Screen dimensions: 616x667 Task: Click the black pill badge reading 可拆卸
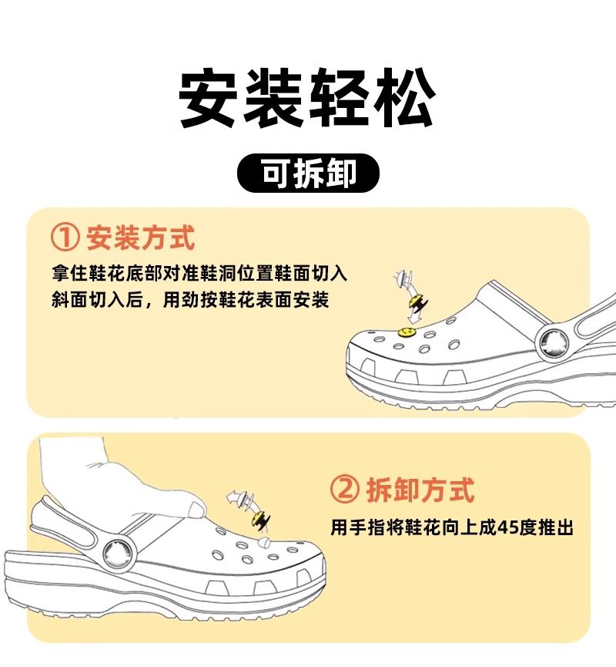tap(308, 173)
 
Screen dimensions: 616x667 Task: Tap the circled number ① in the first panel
tap(65, 237)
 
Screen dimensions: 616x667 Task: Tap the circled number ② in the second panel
tap(344, 490)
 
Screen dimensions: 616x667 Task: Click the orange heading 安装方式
tap(141, 237)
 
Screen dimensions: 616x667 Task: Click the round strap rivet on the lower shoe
tap(116, 553)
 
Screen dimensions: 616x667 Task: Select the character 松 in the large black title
tap(403, 98)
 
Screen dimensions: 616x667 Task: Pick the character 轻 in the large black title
tap(340, 98)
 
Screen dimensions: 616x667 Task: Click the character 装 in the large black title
tap(274, 98)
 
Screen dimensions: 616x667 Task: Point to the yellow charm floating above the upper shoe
tap(417, 303)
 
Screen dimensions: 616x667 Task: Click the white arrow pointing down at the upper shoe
tap(412, 316)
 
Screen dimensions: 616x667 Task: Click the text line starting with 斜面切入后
tap(190, 300)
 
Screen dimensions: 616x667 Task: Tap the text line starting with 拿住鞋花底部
tap(199, 273)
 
